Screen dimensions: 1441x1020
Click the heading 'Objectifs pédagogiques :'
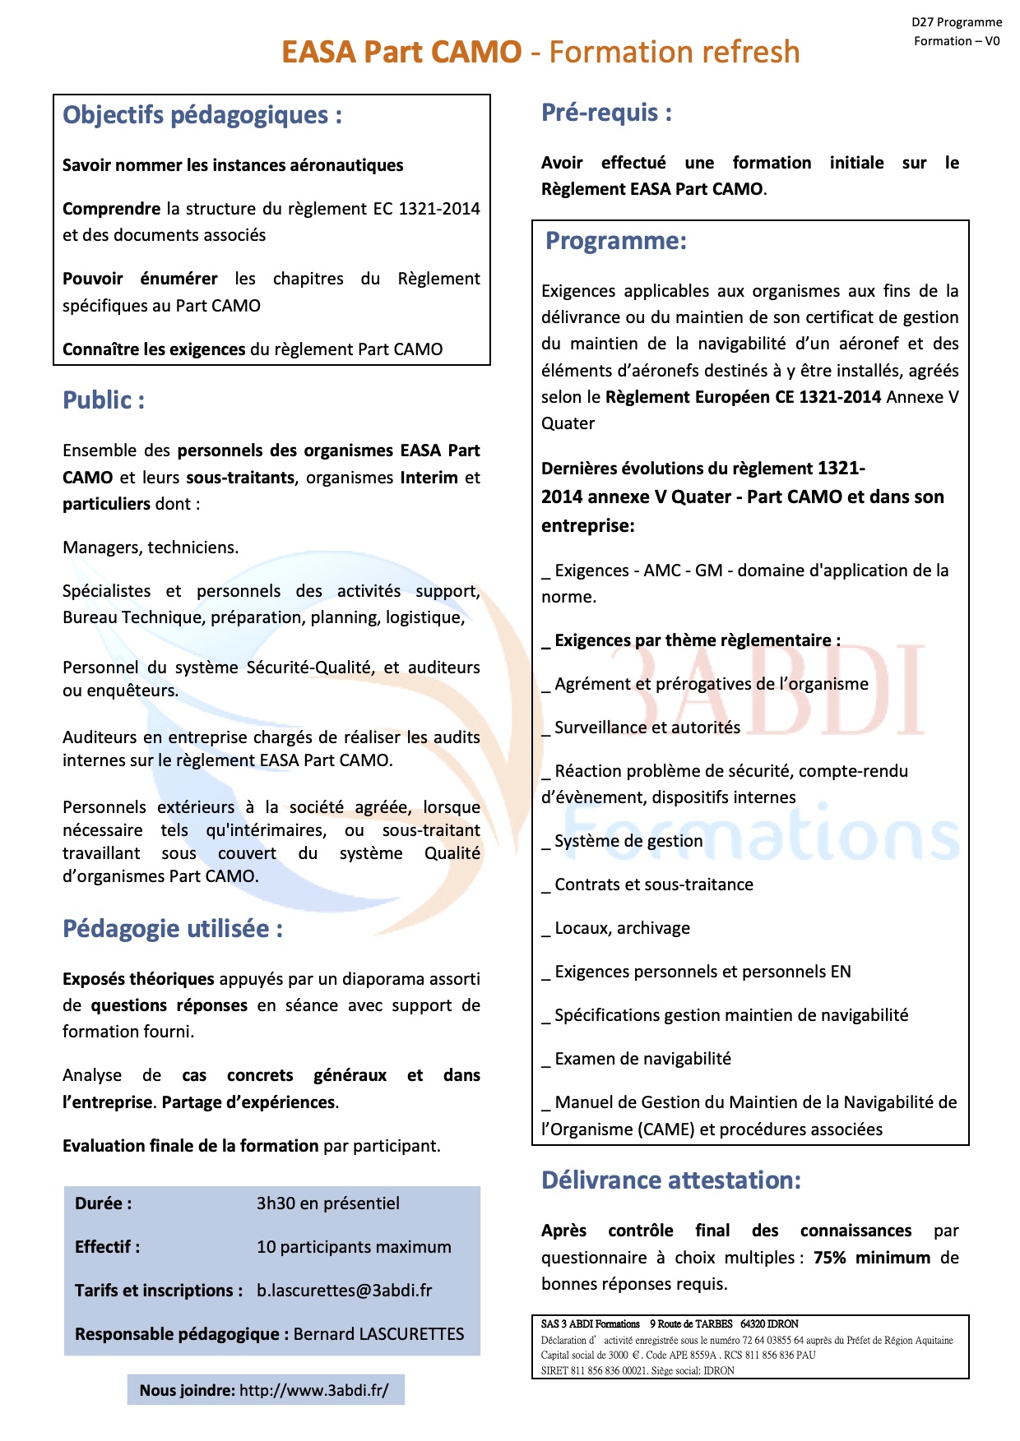[x=202, y=115]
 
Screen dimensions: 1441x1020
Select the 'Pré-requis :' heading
[x=606, y=113]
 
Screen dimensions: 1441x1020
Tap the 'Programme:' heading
[x=616, y=241]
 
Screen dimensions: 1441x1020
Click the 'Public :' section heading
[x=104, y=400]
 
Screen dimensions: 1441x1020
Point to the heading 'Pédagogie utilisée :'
[x=173, y=929]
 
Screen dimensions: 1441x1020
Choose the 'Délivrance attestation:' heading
[x=671, y=1180]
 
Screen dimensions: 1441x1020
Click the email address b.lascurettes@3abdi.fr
[x=344, y=1291]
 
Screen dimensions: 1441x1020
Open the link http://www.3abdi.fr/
[x=313, y=1391]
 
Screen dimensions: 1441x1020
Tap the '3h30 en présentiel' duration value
[x=327, y=1203]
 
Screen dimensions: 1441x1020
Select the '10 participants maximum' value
[x=354, y=1247]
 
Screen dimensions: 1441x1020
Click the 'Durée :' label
[x=104, y=1203]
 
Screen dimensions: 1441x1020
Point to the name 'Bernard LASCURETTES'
[x=378, y=1334]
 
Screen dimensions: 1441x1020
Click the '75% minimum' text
[x=872, y=1258]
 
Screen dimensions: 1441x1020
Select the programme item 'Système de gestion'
[x=628, y=841]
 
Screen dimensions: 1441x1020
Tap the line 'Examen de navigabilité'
[x=642, y=1059]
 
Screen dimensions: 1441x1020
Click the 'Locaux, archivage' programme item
[x=622, y=928]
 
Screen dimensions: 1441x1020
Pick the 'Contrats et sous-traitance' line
[x=654, y=884]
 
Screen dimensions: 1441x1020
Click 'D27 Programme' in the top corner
[x=957, y=22]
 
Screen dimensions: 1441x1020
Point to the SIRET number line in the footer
[x=637, y=1370]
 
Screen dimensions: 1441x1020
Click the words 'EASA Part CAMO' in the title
[x=401, y=52]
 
